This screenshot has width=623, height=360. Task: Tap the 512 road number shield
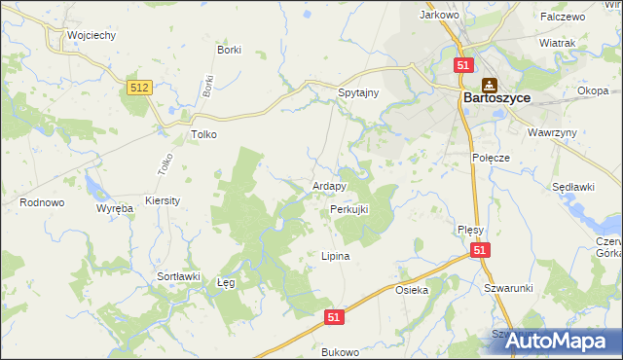pyautogui.click(x=139, y=89)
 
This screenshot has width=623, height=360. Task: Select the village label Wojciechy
pyautogui.click(x=92, y=35)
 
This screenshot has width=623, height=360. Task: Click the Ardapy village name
pyautogui.click(x=329, y=186)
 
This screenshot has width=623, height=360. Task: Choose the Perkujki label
pyautogui.click(x=348, y=209)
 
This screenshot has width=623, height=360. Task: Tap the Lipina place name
pyautogui.click(x=335, y=257)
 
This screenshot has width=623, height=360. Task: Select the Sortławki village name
pyautogui.click(x=178, y=276)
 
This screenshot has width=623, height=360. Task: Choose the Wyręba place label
pyautogui.click(x=114, y=209)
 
